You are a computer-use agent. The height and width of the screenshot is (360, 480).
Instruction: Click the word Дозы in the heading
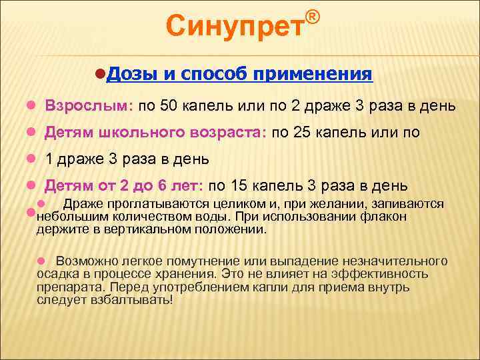130,74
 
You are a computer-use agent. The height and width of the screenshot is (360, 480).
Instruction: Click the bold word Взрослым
89,107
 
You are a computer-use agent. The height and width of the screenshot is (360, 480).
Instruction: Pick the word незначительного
396,261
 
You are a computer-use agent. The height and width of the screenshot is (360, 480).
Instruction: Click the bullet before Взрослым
30,107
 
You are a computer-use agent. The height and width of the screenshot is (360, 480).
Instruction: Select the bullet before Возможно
40,261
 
